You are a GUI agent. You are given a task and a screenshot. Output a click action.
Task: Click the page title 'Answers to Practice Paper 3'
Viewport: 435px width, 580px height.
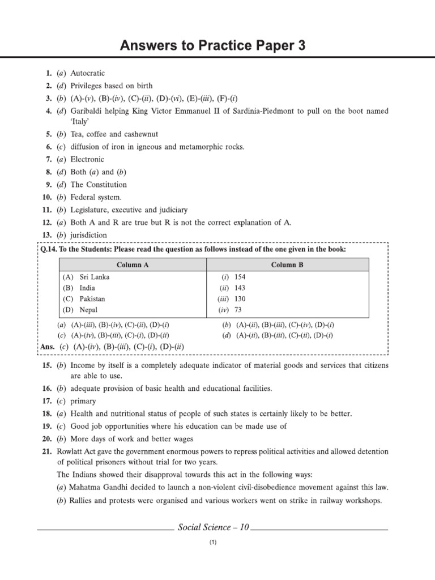coord(212,46)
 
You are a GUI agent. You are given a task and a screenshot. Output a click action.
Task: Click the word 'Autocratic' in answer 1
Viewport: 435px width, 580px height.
coord(88,74)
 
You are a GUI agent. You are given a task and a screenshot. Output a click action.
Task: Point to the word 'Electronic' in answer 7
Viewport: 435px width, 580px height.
coord(88,160)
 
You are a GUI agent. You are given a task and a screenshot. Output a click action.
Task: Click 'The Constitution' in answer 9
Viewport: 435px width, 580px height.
coord(99,185)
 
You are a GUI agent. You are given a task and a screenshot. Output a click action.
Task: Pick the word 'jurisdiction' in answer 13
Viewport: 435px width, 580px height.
coord(88,235)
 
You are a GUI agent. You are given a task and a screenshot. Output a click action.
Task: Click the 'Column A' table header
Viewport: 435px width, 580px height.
coord(133,265)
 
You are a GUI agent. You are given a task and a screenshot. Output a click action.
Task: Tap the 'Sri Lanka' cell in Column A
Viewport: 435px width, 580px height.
coord(95,277)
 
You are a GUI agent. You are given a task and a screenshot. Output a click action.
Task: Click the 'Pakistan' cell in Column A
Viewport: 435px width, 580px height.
coord(92,298)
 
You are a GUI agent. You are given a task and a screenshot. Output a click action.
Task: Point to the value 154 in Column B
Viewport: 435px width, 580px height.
coord(240,277)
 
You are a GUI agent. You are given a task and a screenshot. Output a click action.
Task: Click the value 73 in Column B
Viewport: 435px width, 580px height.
coord(238,310)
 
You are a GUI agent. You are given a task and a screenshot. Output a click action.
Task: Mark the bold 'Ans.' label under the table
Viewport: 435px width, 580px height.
coord(49,347)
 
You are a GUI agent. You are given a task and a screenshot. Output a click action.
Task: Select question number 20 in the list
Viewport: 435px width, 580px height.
coord(47,439)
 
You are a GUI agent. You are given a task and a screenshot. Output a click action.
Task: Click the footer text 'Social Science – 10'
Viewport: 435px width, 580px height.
coord(213,527)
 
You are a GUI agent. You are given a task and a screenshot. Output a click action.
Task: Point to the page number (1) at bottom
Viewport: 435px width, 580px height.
coord(213,543)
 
